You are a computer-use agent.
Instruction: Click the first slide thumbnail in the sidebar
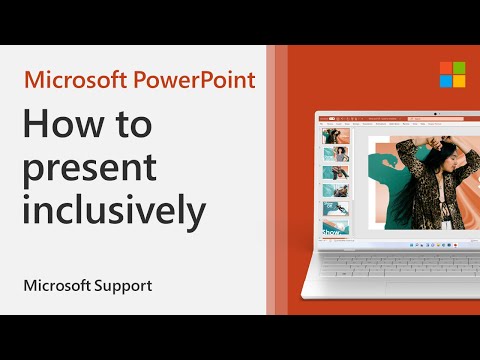pos(329,135)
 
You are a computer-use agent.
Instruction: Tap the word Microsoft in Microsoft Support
pos(57,286)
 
